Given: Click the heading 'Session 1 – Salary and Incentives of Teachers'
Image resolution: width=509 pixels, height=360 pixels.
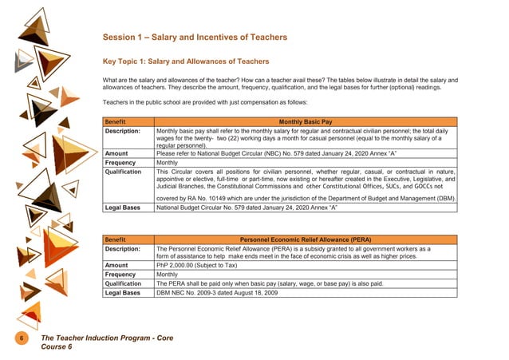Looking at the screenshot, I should pyautogui.click(x=195, y=38).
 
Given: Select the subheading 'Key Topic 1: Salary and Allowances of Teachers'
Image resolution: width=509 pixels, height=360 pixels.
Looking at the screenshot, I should pyautogui.click(x=186, y=61).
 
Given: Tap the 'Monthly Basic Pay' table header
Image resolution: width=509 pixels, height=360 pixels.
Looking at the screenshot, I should pyautogui.click(x=306, y=121).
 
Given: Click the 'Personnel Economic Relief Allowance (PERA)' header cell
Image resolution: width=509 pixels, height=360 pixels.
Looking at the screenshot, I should pyautogui.click(x=306, y=239).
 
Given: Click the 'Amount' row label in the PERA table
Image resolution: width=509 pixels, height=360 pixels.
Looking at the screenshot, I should pyautogui.click(x=116, y=265).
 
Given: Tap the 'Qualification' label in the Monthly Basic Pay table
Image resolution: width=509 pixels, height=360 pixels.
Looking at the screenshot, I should pyautogui.click(x=124, y=171).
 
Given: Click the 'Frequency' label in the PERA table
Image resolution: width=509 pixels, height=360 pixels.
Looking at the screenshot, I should pyautogui.click(x=120, y=274).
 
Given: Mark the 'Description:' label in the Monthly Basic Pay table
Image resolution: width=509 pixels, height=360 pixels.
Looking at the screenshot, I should pyautogui.click(x=123, y=130).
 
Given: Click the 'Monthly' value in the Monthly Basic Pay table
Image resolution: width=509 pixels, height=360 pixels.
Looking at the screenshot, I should pyautogui.click(x=168, y=161).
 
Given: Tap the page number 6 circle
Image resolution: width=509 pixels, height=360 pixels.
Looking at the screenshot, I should pyautogui.click(x=22, y=339).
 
